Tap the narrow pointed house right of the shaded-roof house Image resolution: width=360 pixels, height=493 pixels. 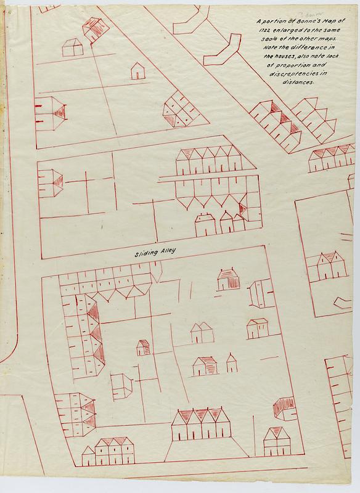231,364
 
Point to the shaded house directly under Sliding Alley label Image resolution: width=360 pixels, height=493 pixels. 228,279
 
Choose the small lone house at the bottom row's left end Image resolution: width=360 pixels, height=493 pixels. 88,457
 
